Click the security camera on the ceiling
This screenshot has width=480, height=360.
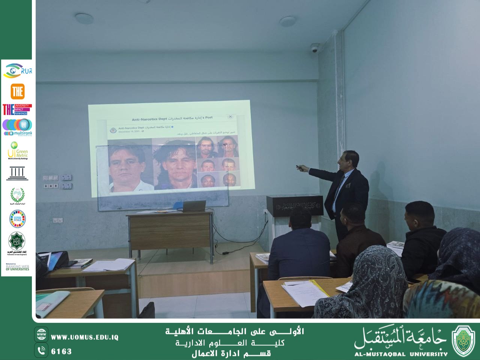click(x=314, y=48)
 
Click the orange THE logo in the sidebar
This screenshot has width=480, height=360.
click(x=17, y=91)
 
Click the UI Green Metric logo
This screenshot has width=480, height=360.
click(x=17, y=150)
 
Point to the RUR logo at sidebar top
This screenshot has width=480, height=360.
click(x=18, y=70)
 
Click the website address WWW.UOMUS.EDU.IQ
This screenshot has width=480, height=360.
click(x=85, y=337)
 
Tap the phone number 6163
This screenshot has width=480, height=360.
click(x=61, y=351)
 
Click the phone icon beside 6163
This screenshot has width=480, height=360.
click(x=41, y=351)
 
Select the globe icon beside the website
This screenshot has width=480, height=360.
click(x=41, y=334)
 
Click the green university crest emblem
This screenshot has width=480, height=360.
click(x=463, y=340)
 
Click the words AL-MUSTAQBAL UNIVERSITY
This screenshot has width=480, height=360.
click(x=401, y=354)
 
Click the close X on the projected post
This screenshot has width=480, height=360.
click(x=230, y=117)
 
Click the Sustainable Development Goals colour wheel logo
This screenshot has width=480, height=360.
click(x=17, y=219)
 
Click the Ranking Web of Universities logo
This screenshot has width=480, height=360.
click(x=17, y=267)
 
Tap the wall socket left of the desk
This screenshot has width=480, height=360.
click(x=57, y=220)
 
